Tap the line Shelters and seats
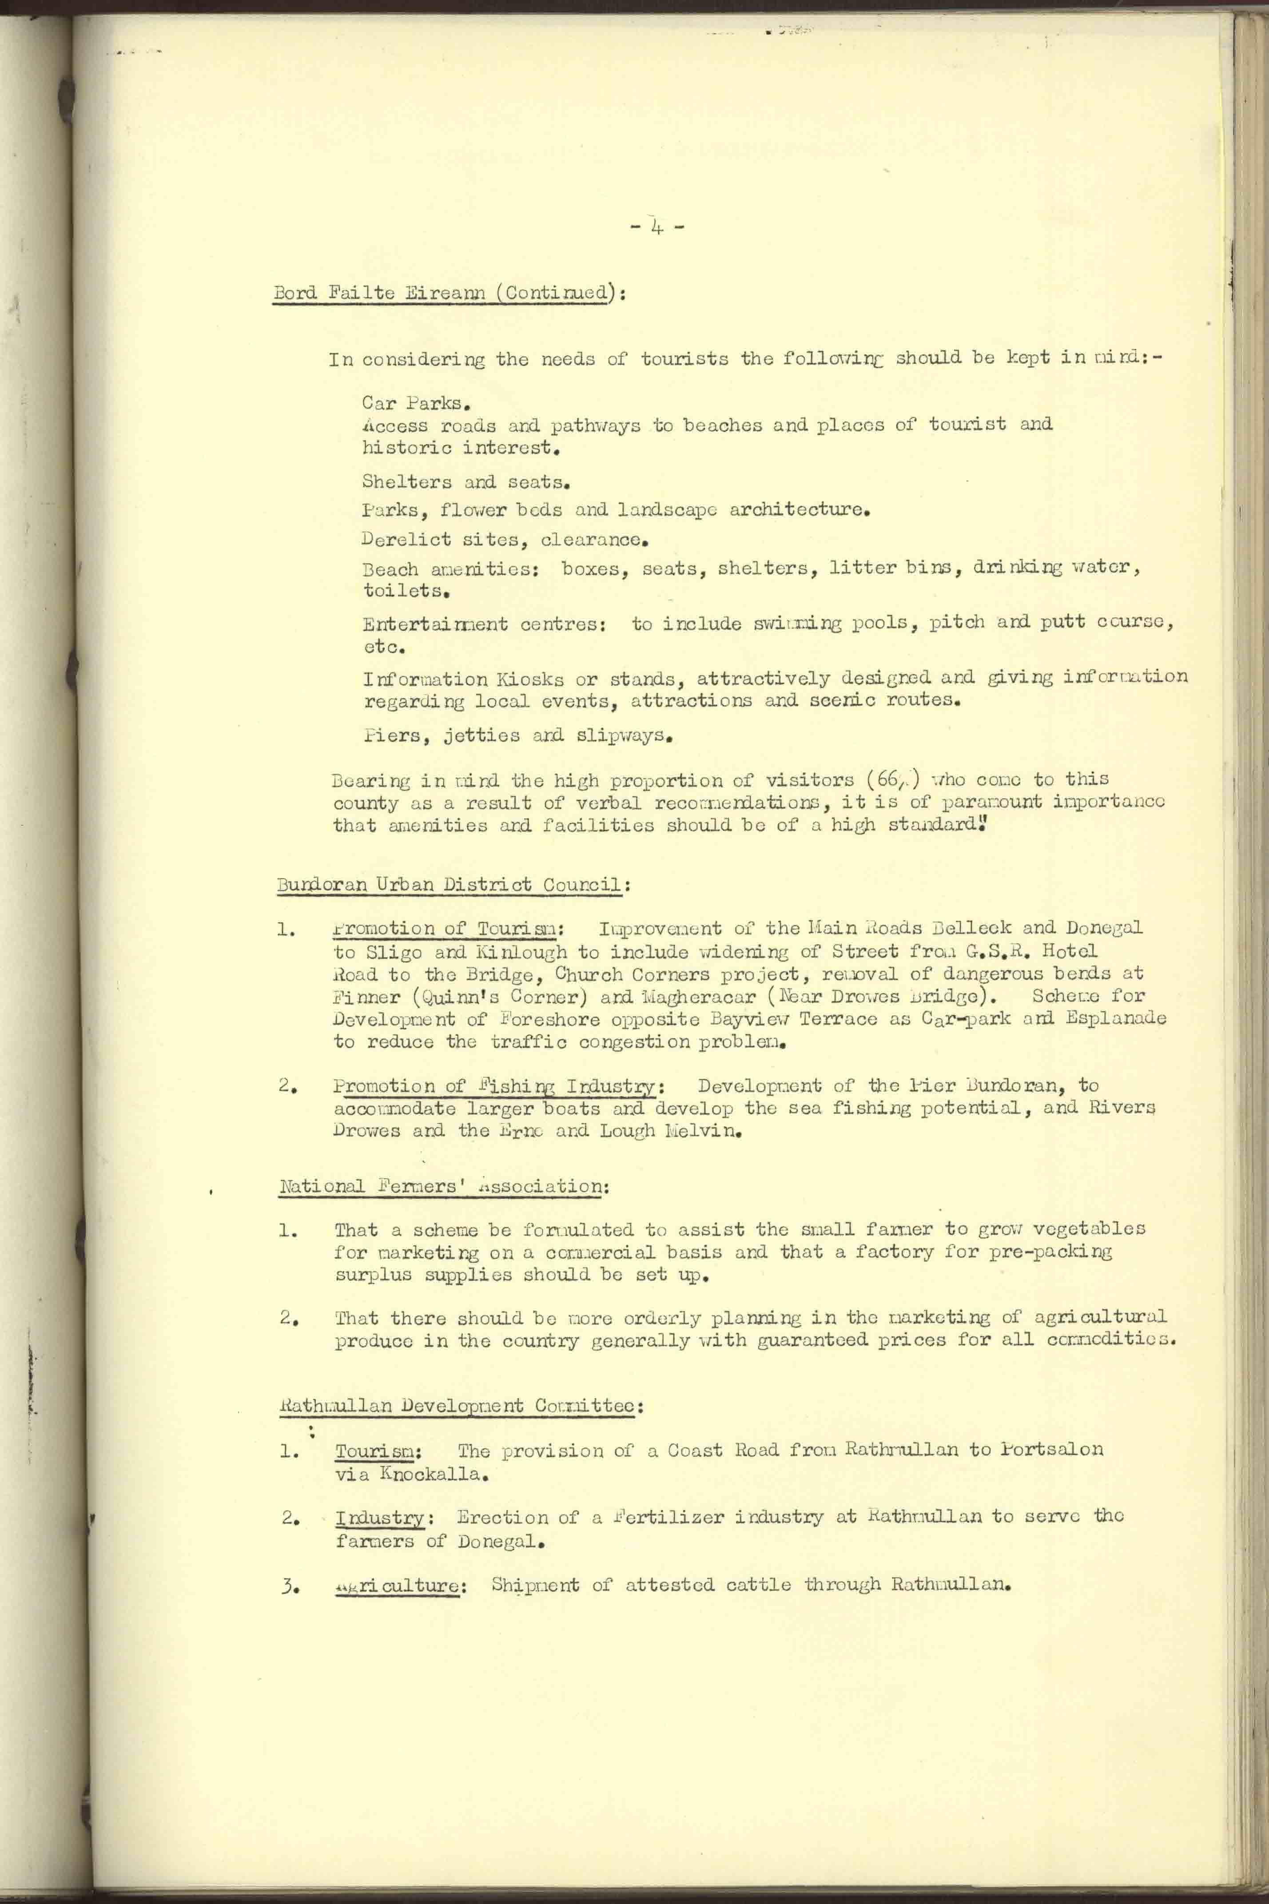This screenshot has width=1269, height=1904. click(467, 482)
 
